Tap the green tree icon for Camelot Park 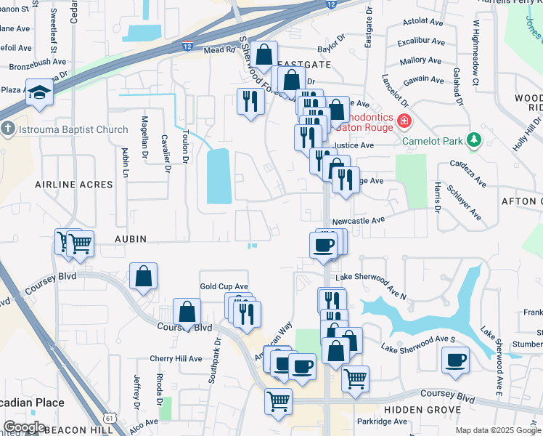pyautogui.click(x=474, y=138)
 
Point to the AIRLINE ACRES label pyautogui.click(x=74, y=185)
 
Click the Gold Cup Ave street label pyautogui.click(x=224, y=287)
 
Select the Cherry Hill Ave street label pyautogui.click(x=176, y=358)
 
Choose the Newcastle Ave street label pyautogui.click(x=358, y=220)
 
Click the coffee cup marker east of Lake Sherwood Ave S pyautogui.click(x=455, y=360)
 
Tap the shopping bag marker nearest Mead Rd pyautogui.click(x=266, y=54)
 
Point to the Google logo pyautogui.click(x=23, y=427)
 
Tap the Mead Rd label pyautogui.click(x=219, y=51)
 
